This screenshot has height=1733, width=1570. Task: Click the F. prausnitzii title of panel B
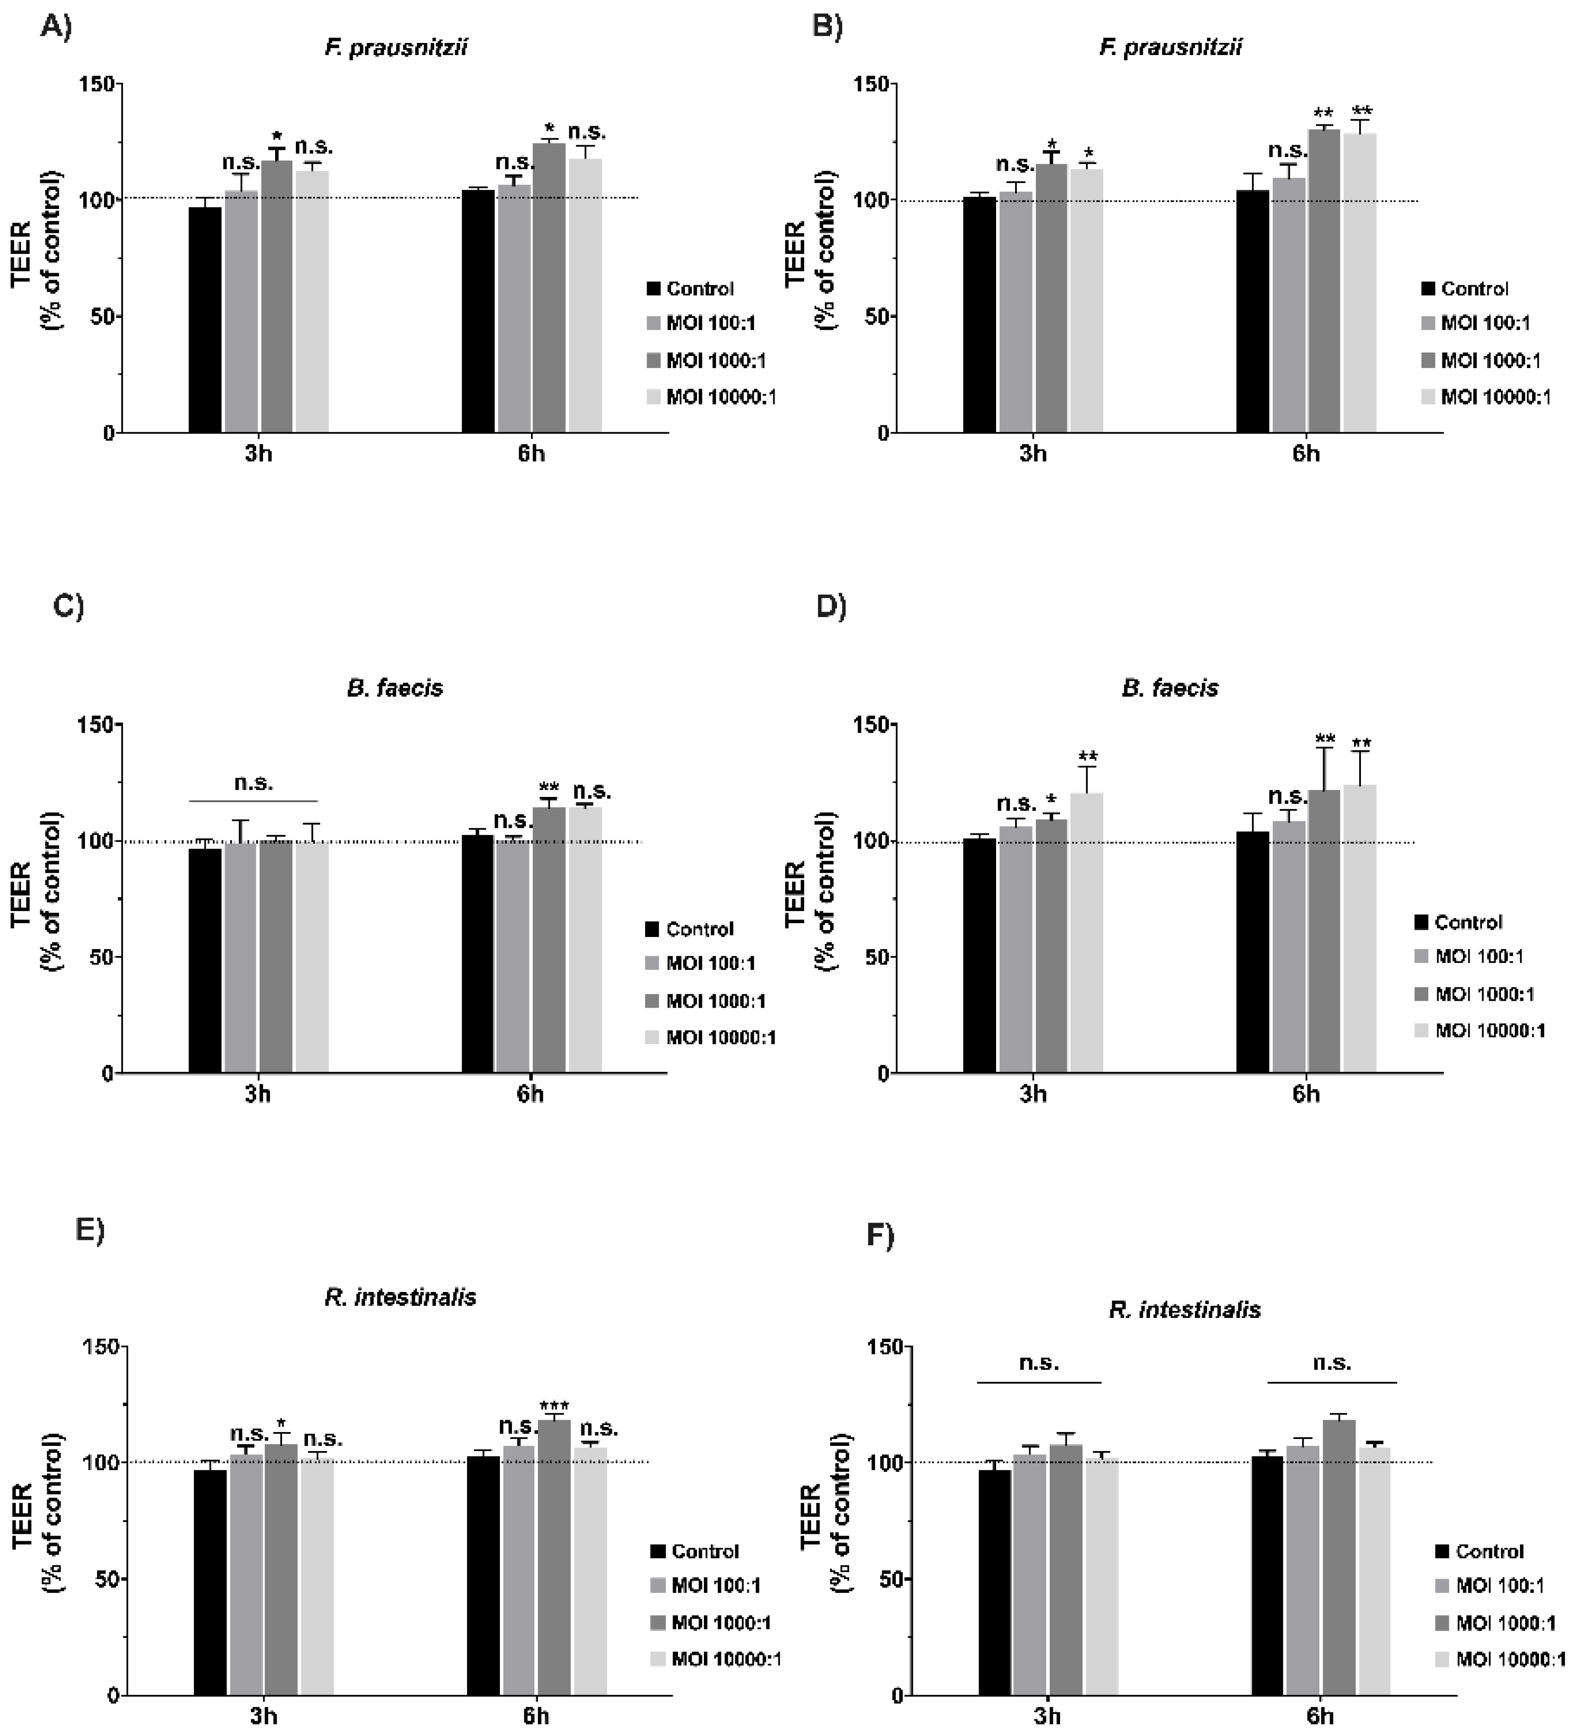(1170, 47)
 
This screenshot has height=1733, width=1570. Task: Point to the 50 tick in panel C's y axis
(101, 957)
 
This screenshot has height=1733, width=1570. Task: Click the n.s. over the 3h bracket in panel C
(253, 783)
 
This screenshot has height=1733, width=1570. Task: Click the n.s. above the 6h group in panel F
(1332, 1363)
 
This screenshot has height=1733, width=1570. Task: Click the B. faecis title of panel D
(1170, 688)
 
